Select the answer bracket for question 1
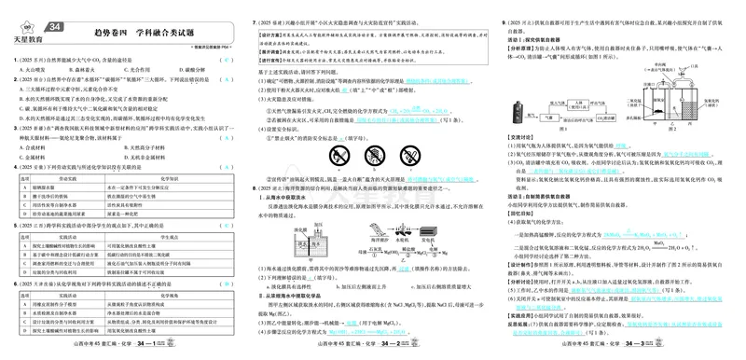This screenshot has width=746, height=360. (226, 59)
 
